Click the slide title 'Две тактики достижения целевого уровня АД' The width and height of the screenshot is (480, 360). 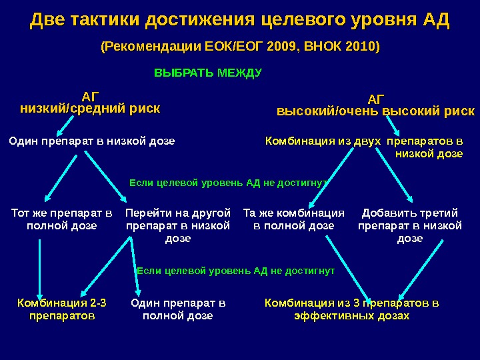click(x=240, y=21)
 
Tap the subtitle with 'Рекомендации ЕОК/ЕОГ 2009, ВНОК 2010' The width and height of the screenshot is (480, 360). click(x=239, y=47)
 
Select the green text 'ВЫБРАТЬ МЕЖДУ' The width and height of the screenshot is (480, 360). click(x=208, y=72)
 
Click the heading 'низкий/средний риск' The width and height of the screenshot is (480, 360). click(x=91, y=109)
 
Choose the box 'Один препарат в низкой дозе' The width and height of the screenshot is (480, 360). click(x=91, y=141)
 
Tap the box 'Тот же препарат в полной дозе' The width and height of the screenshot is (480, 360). click(x=61, y=219)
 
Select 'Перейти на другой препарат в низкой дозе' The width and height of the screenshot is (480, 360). click(x=178, y=225)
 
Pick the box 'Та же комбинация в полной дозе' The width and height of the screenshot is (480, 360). click(x=294, y=219)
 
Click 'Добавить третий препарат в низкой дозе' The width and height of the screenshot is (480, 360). click(x=410, y=225)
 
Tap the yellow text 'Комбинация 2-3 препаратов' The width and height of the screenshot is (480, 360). click(x=62, y=309)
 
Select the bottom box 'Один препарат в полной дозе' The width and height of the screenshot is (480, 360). click(x=178, y=309)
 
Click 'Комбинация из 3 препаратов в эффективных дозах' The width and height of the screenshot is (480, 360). click(x=351, y=309)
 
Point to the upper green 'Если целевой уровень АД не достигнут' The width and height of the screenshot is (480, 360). click(x=228, y=181)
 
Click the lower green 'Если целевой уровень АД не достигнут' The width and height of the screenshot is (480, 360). click(x=235, y=271)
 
